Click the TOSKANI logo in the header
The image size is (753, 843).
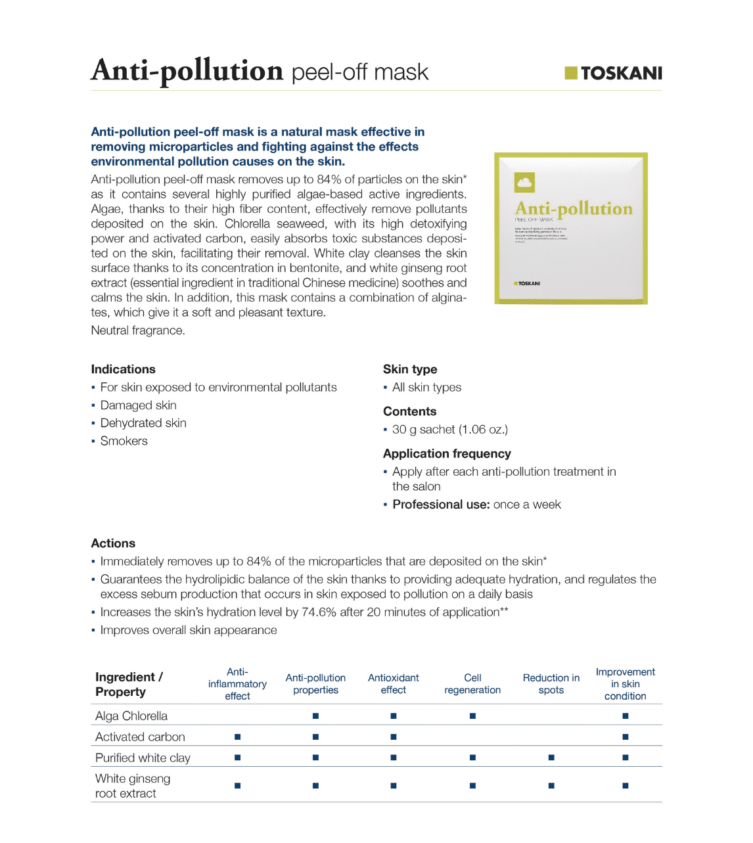coord(613,73)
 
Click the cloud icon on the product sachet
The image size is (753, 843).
coord(524,182)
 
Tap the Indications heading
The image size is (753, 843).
coord(123,369)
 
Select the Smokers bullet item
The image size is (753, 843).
coord(124,441)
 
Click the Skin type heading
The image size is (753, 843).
coord(409,369)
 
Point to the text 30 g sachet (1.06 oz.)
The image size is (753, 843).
coord(449,430)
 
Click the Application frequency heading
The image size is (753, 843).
coord(446,453)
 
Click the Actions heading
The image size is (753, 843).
coord(113,543)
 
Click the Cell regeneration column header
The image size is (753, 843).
coord(472,684)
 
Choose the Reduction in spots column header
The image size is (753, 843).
coord(551,684)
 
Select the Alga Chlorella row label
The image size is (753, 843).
coord(131,716)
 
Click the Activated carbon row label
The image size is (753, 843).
coord(140,737)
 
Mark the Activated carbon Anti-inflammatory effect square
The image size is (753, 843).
coord(237,737)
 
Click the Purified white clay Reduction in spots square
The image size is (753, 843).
coord(551,758)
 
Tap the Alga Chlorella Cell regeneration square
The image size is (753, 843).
coord(472,716)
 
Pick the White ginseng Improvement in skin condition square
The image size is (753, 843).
coord(625,786)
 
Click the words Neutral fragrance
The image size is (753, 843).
coord(138,330)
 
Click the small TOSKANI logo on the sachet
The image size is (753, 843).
coord(527,283)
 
